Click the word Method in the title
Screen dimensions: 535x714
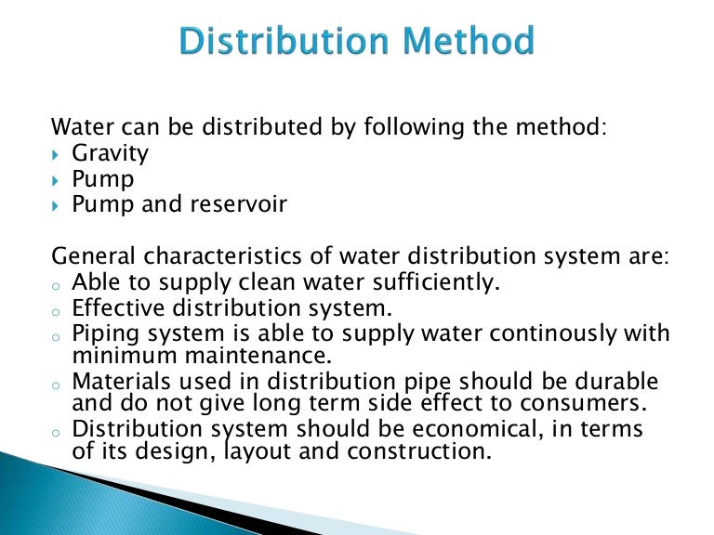click(x=467, y=42)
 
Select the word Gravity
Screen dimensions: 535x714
click(x=111, y=152)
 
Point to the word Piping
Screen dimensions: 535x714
click(x=101, y=333)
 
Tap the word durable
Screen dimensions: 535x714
click(x=617, y=382)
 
